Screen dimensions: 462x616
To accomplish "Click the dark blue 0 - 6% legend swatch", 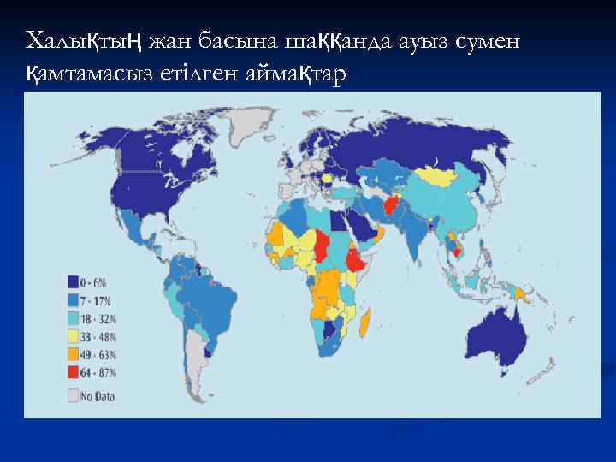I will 74,281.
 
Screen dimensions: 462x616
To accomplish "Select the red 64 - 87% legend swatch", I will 74,373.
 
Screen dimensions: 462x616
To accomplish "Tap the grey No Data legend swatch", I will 74,395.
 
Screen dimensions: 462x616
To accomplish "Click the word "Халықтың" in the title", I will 83,40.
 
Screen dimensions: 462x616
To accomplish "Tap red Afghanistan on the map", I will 391,206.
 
